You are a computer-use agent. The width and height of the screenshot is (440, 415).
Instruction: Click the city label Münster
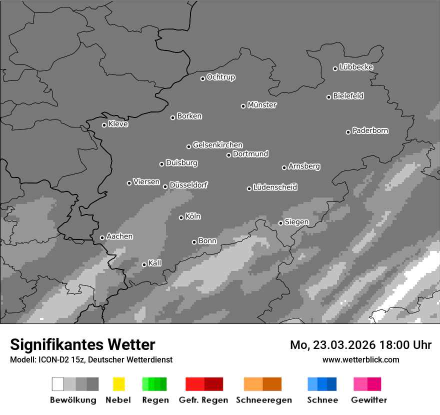(262, 105)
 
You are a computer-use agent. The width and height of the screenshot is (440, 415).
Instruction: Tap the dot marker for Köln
(181, 217)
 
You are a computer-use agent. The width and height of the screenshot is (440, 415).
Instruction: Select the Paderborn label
(370, 130)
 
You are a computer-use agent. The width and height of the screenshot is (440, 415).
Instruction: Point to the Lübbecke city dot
(335, 68)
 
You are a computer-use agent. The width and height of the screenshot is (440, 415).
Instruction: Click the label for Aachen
(119, 236)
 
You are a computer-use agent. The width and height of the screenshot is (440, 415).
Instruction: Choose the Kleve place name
(118, 124)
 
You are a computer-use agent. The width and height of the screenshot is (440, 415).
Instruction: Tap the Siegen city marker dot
(280, 223)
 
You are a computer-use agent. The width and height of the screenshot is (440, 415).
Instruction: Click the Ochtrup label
(221, 77)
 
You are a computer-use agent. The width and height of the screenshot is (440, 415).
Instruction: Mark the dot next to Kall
(144, 264)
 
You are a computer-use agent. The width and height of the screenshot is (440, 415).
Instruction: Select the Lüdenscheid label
(275, 187)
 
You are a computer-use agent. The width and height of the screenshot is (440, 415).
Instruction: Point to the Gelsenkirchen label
(217, 145)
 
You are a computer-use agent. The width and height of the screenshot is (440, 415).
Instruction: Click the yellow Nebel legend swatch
(118, 384)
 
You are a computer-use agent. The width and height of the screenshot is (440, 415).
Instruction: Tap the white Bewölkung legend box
(58, 384)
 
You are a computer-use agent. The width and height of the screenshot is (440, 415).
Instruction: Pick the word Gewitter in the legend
(369, 400)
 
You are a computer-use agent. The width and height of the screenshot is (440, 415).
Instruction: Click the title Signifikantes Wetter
(82, 344)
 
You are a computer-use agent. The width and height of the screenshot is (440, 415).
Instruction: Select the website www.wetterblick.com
(360, 359)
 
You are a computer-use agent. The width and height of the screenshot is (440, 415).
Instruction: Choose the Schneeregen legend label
(263, 400)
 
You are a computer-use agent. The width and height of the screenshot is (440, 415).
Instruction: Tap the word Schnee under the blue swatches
(322, 400)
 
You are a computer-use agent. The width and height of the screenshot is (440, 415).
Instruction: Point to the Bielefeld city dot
(329, 97)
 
